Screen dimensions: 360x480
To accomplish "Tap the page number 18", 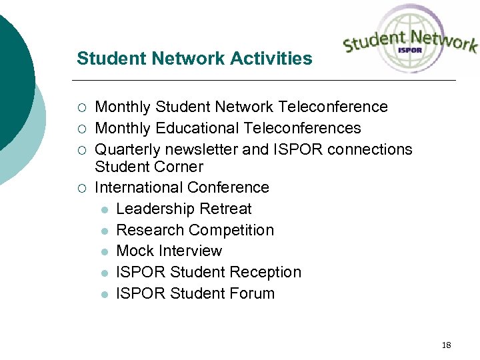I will pyautogui.click(x=446, y=345).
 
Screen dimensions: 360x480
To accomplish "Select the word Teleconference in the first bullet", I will pyautogui.click(x=333, y=107).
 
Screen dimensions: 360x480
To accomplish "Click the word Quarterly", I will pyautogui.click(x=124, y=149).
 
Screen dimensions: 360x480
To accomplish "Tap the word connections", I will pyautogui.click(x=369, y=149).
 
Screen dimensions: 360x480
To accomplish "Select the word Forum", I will pyautogui.click(x=252, y=293).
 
